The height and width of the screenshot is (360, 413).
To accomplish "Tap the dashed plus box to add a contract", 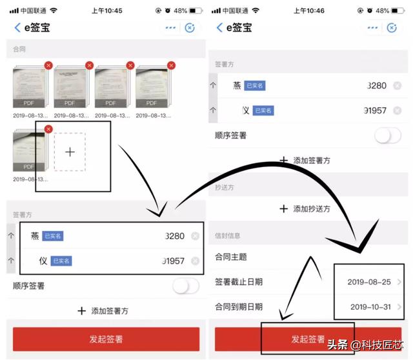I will pos(70,152).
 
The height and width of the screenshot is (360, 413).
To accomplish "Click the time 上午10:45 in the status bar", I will pos(107,11).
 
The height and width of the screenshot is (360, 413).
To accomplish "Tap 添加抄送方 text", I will pos(312,208).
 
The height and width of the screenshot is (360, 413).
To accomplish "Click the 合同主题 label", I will pos(230,257).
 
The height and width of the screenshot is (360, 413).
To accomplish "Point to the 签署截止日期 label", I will pos(238,282).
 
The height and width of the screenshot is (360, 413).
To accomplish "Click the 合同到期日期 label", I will pos(238,306).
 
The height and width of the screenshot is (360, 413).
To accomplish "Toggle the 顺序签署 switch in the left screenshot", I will pos(186,286).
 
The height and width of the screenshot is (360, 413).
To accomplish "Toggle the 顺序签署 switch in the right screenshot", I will pos(387,135).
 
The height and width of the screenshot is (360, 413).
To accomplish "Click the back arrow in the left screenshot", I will pos(17,27).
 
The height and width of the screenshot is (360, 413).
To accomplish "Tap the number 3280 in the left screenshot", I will pos(175,236).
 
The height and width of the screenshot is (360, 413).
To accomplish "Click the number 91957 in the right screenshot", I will pos(376,110).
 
